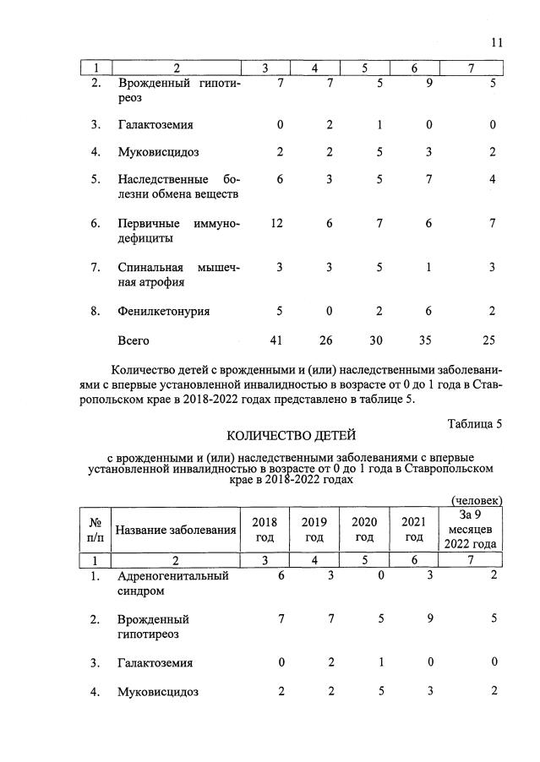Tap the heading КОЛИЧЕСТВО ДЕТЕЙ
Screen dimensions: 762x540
coord(292,436)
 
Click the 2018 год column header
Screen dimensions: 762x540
coord(265,530)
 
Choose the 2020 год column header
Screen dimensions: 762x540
coord(364,530)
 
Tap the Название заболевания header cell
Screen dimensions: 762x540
coord(175,530)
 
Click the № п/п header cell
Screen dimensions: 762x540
coord(95,530)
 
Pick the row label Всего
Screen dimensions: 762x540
coord(134,340)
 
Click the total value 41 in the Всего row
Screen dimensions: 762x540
coord(275,340)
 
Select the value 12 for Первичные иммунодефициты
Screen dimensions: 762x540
coord(275,224)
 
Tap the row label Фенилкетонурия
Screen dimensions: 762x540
coord(164,311)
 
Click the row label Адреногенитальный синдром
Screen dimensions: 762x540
coord(173,584)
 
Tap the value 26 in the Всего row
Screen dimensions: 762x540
coord(325,340)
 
